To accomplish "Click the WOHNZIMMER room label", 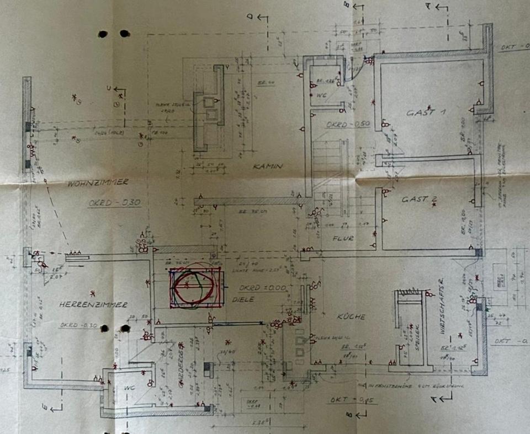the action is click(98, 182).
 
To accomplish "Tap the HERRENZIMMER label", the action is click(93, 304).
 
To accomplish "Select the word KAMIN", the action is click(268, 166).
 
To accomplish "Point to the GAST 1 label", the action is click(427, 112).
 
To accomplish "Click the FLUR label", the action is click(343, 239).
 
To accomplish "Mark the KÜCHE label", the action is click(351, 317).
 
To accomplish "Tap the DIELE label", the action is click(247, 299).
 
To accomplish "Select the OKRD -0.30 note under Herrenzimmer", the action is click(78, 325).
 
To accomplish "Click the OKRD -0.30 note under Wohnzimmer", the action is click(114, 203).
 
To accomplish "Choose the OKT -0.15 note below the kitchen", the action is click(344, 400).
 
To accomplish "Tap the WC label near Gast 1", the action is click(322, 95).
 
